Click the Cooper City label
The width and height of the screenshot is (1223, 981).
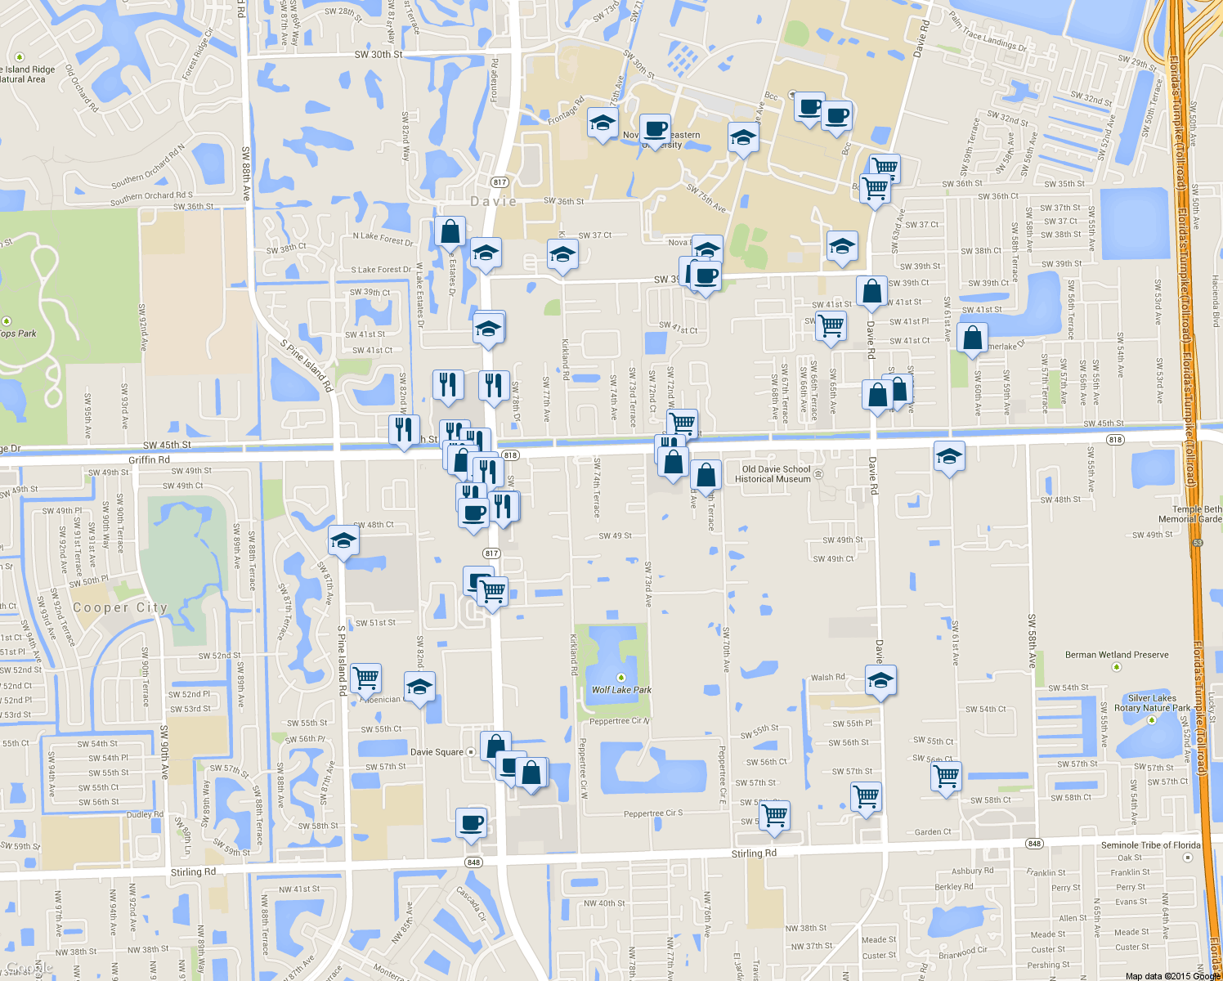[x=119, y=607]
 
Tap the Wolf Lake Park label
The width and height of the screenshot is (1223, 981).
[x=621, y=689]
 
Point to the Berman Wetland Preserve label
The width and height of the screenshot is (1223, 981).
[x=1116, y=655]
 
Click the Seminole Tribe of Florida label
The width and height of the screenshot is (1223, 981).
[x=1150, y=845]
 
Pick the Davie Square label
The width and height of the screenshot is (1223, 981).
[x=437, y=752]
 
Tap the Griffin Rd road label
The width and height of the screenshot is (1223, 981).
[x=149, y=459]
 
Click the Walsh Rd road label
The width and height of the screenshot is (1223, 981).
[x=827, y=677]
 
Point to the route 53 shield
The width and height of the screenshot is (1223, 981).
[x=1198, y=543]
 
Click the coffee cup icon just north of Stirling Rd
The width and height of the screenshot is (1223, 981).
[x=471, y=823]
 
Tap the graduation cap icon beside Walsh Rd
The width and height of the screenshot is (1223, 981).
[x=880, y=680]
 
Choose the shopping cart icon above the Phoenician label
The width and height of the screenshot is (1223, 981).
[x=365, y=677]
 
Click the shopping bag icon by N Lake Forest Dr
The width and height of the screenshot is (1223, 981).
[x=450, y=232]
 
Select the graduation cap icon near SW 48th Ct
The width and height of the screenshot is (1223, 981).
[x=343, y=541]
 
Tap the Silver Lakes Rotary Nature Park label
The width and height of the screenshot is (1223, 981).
[x=1152, y=703]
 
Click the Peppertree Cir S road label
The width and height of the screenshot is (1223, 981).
[x=652, y=813]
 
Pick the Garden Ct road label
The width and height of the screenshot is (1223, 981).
[x=933, y=832]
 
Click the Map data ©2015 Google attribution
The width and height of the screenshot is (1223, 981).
[x=1172, y=975]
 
